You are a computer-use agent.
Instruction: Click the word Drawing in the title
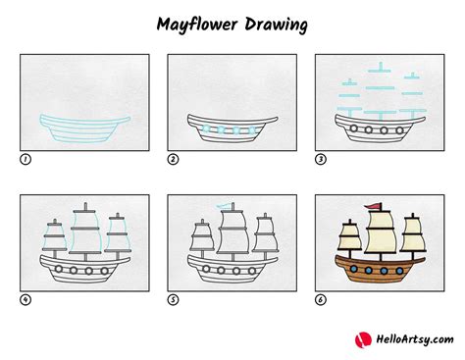pos(278,22)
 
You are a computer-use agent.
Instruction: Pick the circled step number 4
pos(24,300)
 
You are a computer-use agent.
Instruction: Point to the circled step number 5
pos(172,300)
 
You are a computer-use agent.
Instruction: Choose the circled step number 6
pos(319,300)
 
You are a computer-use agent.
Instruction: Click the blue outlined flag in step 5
pos(228,207)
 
